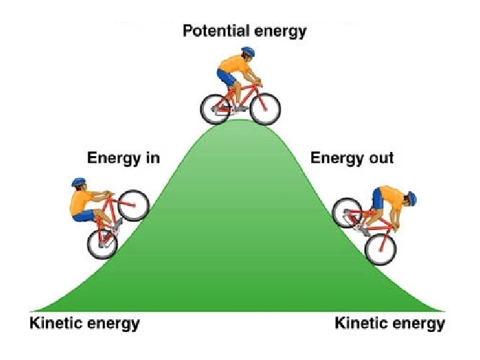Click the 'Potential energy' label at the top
[245, 31]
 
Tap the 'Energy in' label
[123, 158]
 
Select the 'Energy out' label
[352, 158]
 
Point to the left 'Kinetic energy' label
[85, 324]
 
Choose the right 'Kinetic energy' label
[389, 324]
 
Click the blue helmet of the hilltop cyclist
[248, 51]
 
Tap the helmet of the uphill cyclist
[79, 182]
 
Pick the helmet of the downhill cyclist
[411, 197]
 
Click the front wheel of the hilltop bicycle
[264, 108]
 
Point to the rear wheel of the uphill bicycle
[102, 243]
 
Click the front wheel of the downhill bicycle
[381, 249]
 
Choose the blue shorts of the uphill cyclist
[84, 215]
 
